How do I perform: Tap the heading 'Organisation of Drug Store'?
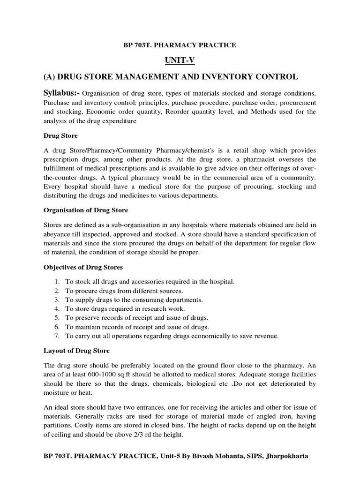pyautogui.click(x=86, y=210)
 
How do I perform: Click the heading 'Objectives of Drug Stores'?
pyautogui.click(x=83, y=268)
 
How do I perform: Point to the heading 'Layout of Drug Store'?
pyautogui.click(x=76, y=350)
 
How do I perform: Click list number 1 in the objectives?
pyautogui.click(x=56, y=281)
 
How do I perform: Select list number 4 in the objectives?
pyautogui.click(x=56, y=308)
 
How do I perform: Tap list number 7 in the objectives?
pyautogui.click(x=56, y=336)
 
